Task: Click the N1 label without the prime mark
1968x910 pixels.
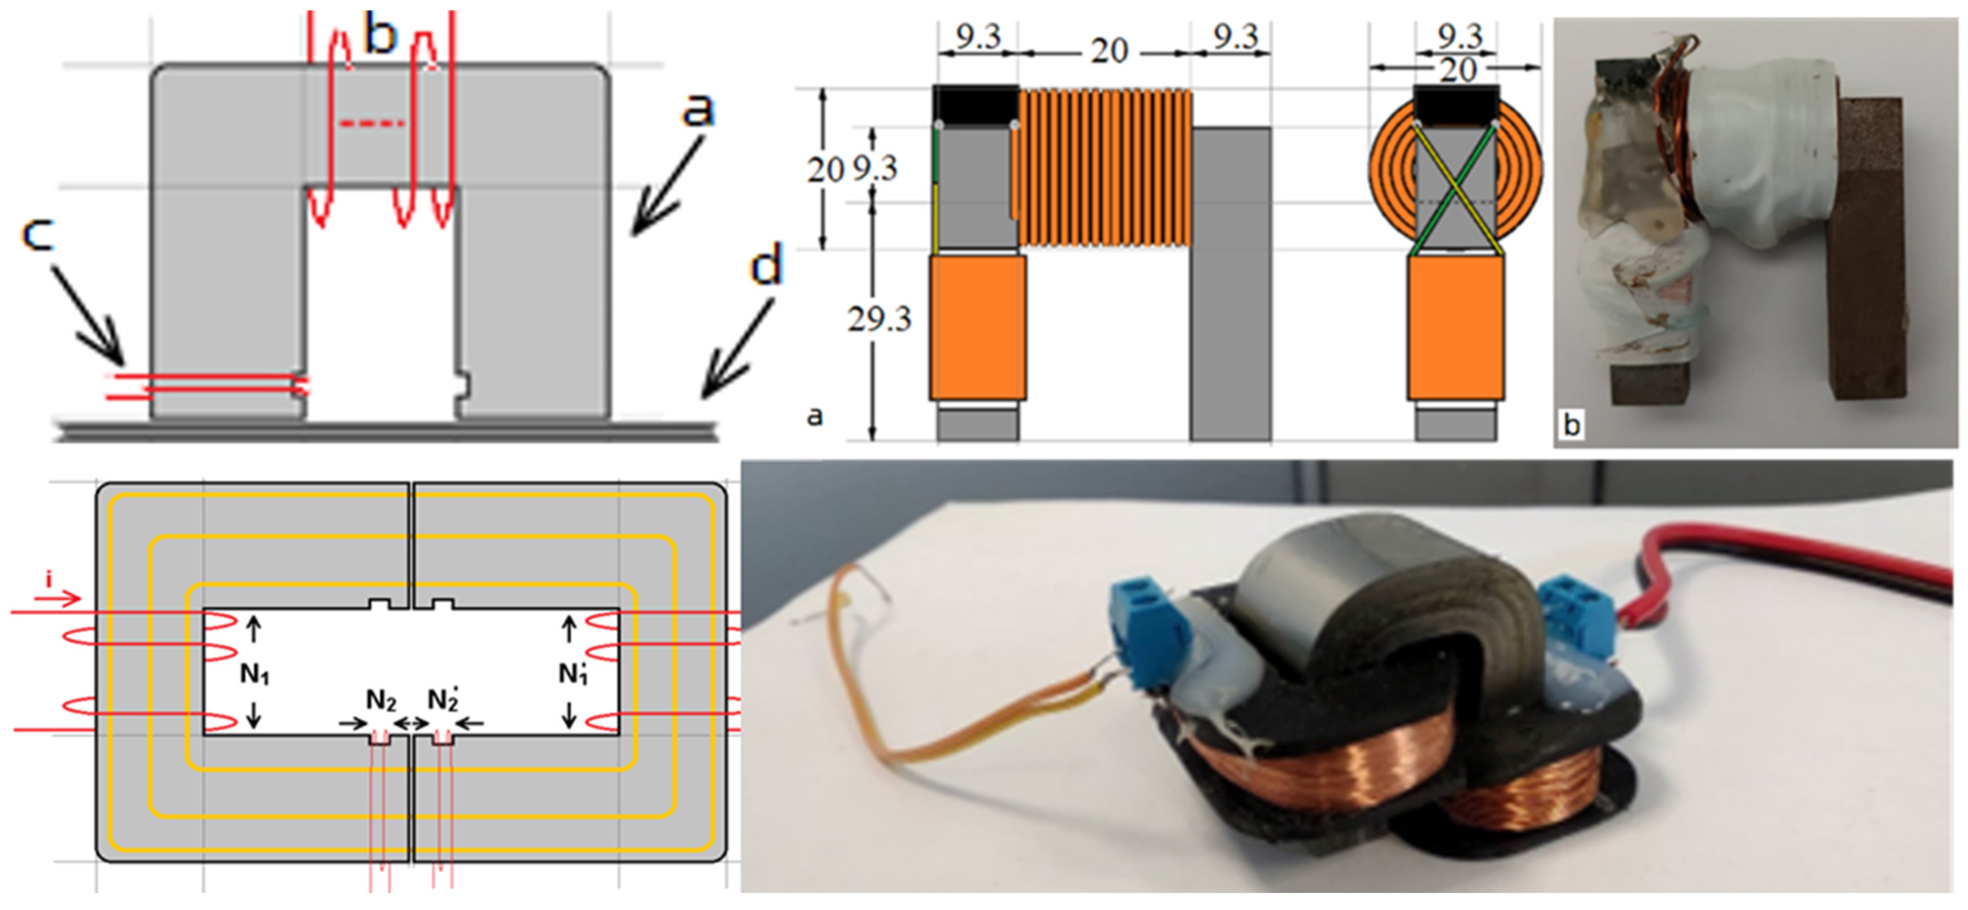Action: [x=254, y=673]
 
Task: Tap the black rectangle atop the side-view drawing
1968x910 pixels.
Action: [x=975, y=105]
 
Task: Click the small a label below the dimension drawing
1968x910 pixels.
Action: [x=815, y=416]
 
